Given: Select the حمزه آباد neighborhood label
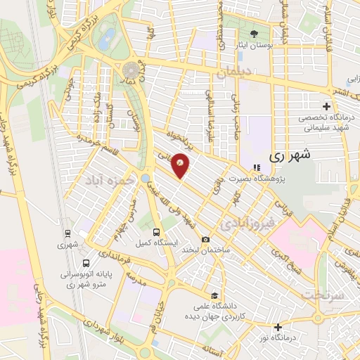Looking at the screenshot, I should (x=109, y=181).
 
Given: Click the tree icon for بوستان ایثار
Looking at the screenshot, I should (x=255, y=32).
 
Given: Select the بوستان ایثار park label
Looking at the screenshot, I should (x=255, y=44).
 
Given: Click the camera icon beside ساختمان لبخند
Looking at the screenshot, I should (x=205, y=239).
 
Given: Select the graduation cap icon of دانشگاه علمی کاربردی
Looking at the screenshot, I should (x=213, y=295).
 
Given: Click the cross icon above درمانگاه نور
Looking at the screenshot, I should (x=279, y=327).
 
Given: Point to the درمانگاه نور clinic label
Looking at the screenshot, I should (x=279, y=338).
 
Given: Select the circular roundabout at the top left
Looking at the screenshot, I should (x=131, y=70).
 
